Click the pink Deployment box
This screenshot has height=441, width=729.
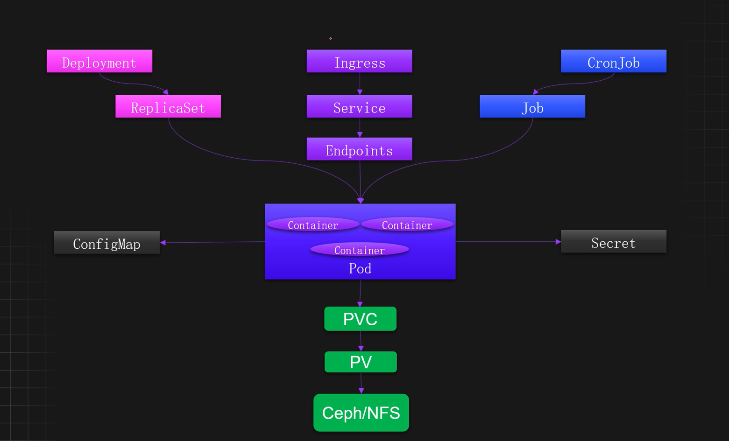point(99,61)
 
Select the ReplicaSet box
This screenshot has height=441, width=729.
point(168,106)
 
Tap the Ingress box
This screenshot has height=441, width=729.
point(359,61)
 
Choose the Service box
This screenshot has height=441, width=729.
point(359,106)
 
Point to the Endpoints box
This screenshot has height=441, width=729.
point(359,149)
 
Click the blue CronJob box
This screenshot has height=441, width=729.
point(613,61)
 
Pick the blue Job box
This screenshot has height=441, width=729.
point(532,106)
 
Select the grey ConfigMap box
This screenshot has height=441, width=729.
point(106,243)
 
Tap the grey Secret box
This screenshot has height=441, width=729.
point(613,241)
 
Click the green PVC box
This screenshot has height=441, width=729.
point(360,319)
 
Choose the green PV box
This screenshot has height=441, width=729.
point(361,362)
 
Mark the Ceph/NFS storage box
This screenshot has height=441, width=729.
point(361,413)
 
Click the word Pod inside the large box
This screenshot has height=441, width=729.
point(360,268)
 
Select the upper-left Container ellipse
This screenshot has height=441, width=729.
point(313,225)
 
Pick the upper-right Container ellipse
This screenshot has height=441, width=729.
point(407,225)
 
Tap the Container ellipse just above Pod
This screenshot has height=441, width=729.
point(360,250)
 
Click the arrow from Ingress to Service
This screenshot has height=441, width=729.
point(360,84)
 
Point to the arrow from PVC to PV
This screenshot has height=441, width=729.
point(361,341)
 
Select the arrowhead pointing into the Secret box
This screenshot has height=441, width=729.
point(558,242)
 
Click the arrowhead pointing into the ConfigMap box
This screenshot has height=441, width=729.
point(163,243)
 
